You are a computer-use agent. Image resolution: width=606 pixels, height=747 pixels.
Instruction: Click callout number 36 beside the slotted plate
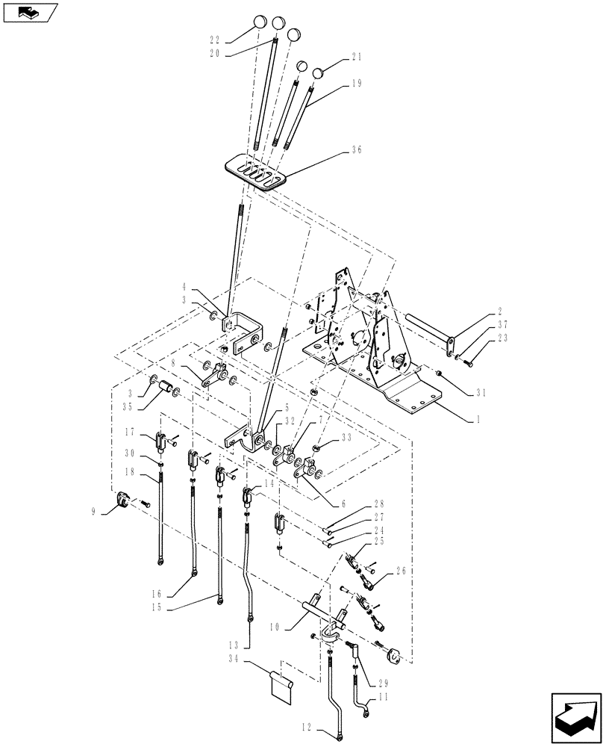356,149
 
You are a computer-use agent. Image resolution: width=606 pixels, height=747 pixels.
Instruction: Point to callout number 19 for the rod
356,84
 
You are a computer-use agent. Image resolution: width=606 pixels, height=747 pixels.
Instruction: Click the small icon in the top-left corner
30,12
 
